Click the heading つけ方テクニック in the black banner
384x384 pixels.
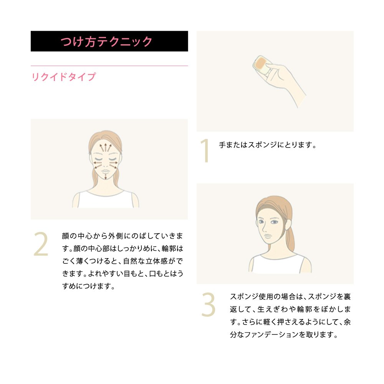106,41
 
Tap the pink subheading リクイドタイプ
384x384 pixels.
63,77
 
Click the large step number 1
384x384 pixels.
205,151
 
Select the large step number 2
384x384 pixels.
41,244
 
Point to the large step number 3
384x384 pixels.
208,305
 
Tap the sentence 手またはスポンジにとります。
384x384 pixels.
267,145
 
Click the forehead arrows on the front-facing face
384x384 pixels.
105,147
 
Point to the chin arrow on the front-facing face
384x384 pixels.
106,177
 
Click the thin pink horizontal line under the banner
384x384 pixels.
109,66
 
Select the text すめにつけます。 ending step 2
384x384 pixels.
88,286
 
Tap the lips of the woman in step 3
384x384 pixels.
268,236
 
